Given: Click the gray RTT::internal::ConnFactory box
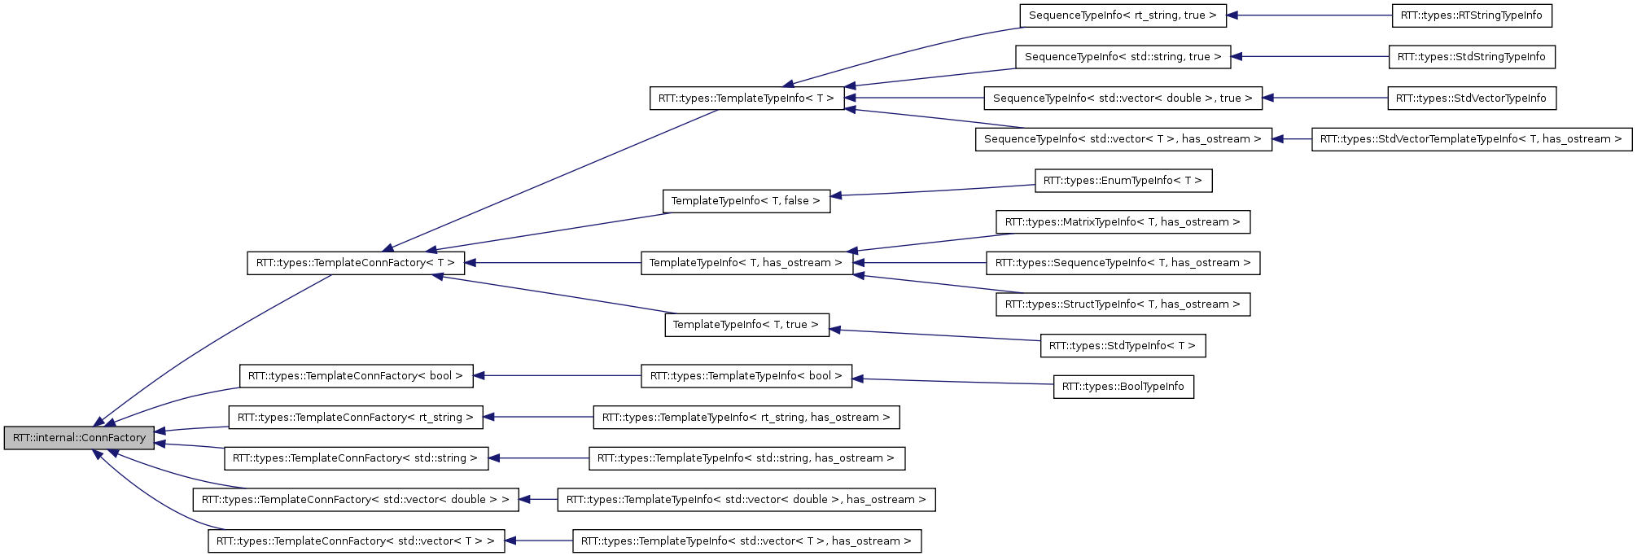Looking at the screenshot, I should [x=79, y=438].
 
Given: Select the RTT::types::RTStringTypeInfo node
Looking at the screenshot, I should [x=1471, y=15].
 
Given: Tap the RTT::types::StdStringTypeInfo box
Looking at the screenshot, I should [x=1471, y=57].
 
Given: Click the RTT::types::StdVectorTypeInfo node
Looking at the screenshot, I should [x=1471, y=99].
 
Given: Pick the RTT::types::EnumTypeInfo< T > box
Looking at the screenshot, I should [x=1123, y=181].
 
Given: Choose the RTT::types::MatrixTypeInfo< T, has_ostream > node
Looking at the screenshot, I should [x=1123, y=222].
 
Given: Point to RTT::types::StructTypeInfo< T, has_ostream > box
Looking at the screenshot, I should [x=1123, y=304].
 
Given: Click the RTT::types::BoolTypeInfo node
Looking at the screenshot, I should [x=1123, y=387].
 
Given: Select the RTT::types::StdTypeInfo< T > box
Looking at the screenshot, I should [x=1123, y=346].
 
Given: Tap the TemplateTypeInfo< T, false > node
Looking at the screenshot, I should [x=746, y=201].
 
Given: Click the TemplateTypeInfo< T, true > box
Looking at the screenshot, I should [x=746, y=325].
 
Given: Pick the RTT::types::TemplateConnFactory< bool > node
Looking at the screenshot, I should [x=356, y=376].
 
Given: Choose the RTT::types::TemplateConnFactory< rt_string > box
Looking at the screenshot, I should [x=356, y=418].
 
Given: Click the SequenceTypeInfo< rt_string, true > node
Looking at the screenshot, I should [x=1123, y=15].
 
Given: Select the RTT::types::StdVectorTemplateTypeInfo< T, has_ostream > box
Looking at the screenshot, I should [x=1471, y=139].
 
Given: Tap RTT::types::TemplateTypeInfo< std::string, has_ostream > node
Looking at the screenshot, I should [x=746, y=458].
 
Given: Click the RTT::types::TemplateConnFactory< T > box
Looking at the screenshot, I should [x=356, y=263].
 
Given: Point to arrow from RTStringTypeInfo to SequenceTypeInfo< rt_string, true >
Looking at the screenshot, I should [x=1311, y=15].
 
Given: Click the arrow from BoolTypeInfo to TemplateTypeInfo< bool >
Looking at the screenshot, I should [x=952, y=382].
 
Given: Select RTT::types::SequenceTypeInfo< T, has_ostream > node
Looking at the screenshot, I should [x=1123, y=263].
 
